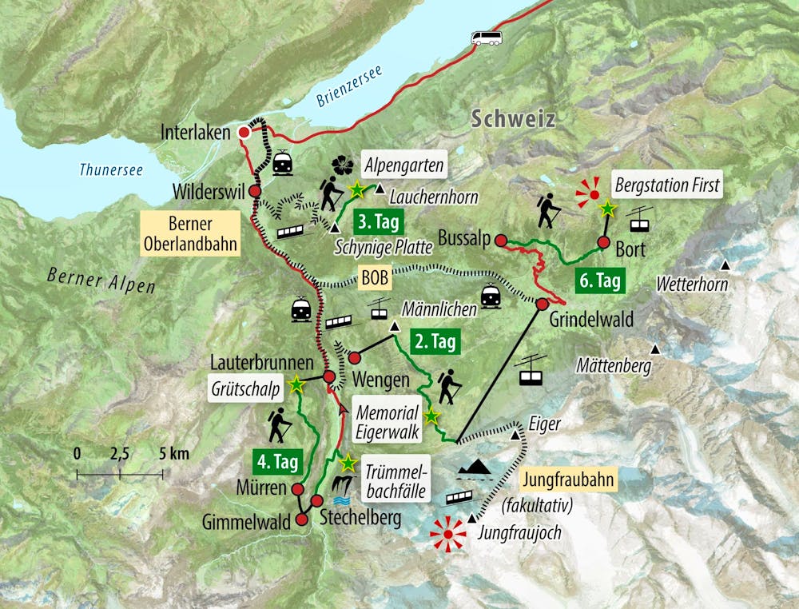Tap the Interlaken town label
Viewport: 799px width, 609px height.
(x=194, y=132)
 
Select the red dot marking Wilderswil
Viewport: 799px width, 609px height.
(x=255, y=192)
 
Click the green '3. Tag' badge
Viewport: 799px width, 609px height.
(x=374, y=220)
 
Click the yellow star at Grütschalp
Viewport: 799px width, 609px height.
(x=297, y=384)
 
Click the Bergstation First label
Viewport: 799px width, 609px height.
(x=667, y=185)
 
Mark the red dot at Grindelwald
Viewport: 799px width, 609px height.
(x=542, y=304)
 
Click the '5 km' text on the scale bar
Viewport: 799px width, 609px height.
(x=174, y=454)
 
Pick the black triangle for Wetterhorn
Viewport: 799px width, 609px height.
(x=725, y=265)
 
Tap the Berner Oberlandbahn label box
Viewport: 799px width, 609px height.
(x=189, y=233)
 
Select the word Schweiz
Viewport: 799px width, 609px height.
(x=511, y=119)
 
